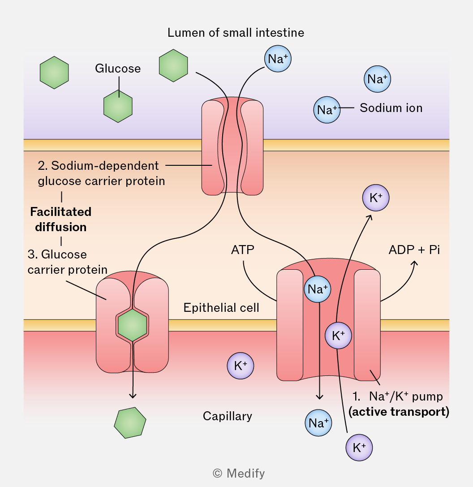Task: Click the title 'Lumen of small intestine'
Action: pyautogui.click(x=236, y=33)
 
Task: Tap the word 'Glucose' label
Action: pyautogui.click(x=118, y=69)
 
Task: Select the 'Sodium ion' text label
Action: pyautogui.click(x=391, y=108)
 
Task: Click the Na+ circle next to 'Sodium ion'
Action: pyautogui.click(x=327, y=110)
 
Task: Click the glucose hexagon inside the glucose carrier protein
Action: pyautogui.click(x=133, y=325)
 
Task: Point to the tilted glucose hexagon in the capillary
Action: pyautogui.click(x=130, y=422)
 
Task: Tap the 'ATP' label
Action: pyautogui.click(x=243, y=250)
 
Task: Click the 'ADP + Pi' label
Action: pyautogui.click(x=414, y=250)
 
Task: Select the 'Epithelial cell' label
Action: pyautogui.click(x=221, y=308)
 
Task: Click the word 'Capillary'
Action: pyautogui.click(x=228, y=416)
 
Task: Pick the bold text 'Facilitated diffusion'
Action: pyautogui.click(x=61, y=219)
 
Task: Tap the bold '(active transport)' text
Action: pyautogui.click(x=399, y=412)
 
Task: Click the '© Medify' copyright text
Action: pyautogui.click(x=239, y=473)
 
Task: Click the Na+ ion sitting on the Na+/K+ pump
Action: pyautogui.click(x=318, y=289)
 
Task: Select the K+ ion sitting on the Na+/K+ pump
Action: pyautogui.click(x=338, y=336)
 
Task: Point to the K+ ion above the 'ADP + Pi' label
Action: pyautogui.click(x=376, y=198)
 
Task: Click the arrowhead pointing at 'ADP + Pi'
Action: pyautogui.click(x=415, y=263)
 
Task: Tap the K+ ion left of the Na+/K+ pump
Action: pyautogui.click(x=241, y=366)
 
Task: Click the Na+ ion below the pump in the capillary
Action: pyautogui.click(x=318, y=422)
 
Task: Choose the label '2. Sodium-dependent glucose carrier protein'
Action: pyautogui.click(x=101, y=173)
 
